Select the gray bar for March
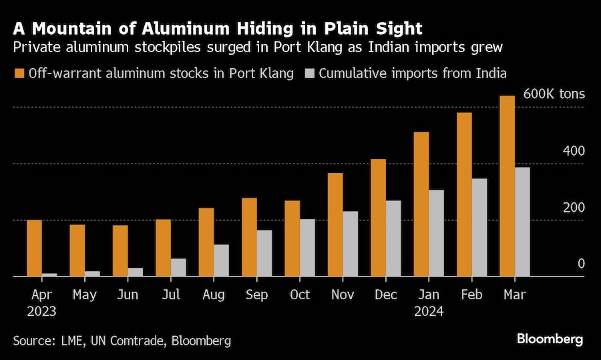(522, 222)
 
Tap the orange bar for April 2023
(34, 248)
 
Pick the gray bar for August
(221, 260)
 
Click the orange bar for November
(335, 224)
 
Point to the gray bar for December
(393, 238)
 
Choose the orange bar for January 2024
(421, 204)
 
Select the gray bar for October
(307, 248)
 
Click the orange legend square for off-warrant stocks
(18, 73)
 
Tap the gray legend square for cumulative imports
(311, 73)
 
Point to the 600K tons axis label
(554, 94)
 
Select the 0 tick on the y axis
(581, 264)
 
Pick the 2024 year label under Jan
(429, 311)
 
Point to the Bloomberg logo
(550, 339)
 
